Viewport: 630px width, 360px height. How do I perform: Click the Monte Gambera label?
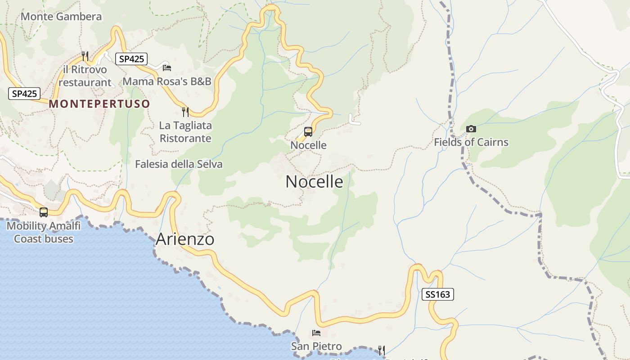tap(61, 17)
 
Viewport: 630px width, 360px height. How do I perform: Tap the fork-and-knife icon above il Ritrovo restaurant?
tap(85, 56)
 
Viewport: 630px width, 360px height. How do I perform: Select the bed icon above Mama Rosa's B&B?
tap(167, 68)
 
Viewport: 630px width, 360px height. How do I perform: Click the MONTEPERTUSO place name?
tap(99, 104)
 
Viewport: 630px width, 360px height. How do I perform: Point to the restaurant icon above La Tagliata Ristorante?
tap(185, 112)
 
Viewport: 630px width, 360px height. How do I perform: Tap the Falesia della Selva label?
tap(179, 164)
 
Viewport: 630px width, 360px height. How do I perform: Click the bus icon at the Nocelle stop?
tap(308, 132)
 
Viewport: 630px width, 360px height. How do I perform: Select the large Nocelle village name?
tap(314, 182)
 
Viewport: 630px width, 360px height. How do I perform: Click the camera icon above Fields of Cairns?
tap(471, 129)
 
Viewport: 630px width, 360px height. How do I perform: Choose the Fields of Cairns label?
tap(471, 142)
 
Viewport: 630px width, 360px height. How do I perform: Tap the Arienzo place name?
tap(185, 239)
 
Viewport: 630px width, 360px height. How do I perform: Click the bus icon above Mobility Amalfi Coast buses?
tap(44, 212)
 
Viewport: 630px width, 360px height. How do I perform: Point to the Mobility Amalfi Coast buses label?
tap(44, 232)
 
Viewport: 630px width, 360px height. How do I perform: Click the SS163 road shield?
tap(437, 294)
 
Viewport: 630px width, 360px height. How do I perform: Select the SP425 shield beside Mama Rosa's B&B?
tap(131, 58)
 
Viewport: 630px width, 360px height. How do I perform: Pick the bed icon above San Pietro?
tap(316, 333)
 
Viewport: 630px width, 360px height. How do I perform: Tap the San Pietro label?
tap(316, 346)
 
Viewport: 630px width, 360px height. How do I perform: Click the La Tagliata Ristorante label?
tap(185, 132)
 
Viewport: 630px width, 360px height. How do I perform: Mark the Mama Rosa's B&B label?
tap(167, 81)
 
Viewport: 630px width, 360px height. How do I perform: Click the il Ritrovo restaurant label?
tap(85, 76)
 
